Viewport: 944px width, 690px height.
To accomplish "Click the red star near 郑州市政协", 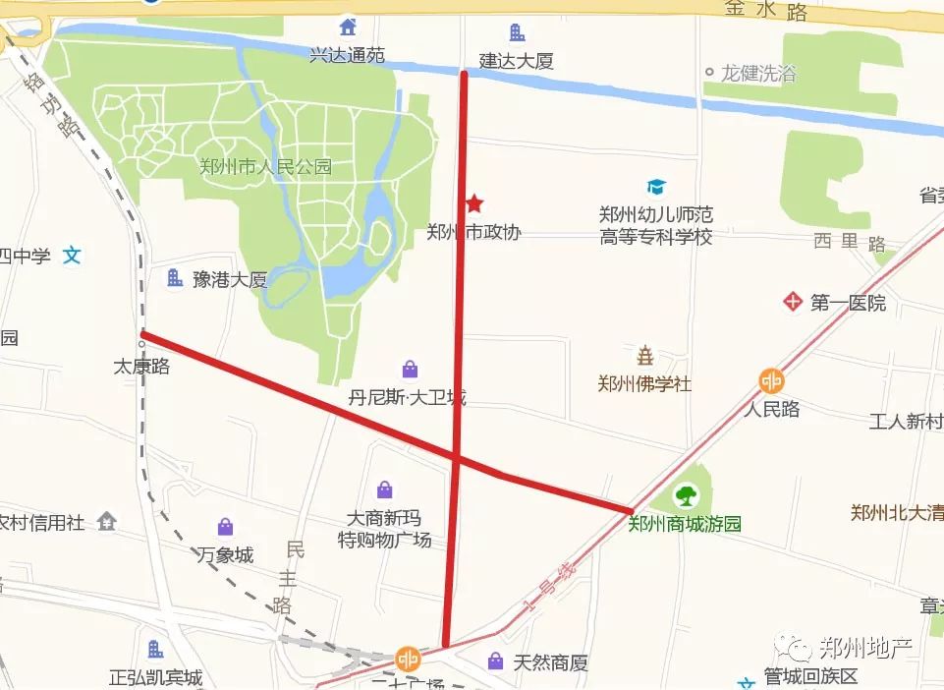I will click(x=474, y=203).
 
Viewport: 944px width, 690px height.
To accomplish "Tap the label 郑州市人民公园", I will click(x=264, y=167).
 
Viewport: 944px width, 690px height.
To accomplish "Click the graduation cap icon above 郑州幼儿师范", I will click(x=655, y=187).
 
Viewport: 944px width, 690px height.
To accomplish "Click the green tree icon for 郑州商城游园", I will click(x=685, y=496).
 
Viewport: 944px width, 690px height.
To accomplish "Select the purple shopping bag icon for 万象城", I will click(x=226, y=528).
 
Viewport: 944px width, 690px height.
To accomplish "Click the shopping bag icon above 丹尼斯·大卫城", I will click(x=409, y=370).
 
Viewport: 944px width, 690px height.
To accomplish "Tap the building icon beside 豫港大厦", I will click(x=175, y=278).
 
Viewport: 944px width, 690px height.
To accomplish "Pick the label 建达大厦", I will click(x=517, y=61).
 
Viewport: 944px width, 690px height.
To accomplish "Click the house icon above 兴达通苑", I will click(x=346, y=26).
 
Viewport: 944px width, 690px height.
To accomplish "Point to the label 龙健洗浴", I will click(x=758, y=74).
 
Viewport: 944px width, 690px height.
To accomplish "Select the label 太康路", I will click(x=142, y=367).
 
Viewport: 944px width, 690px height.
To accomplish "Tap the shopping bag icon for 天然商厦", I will click(x=496, y=661).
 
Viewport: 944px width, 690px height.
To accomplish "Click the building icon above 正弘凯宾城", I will click(x=155, y=649).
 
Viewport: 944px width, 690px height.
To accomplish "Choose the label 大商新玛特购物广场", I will click(x=384, y=529).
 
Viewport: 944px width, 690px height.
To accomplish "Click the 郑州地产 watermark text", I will click(x=865, y=647).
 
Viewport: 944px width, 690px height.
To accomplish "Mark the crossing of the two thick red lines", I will click(x=458, y=457).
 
